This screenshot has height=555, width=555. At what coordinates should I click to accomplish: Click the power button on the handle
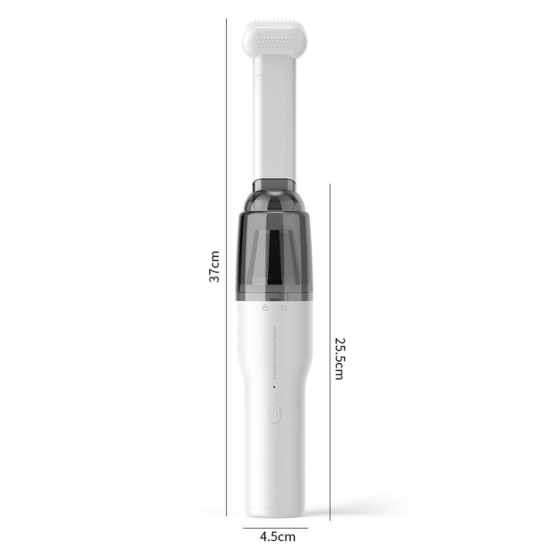click(274, 414)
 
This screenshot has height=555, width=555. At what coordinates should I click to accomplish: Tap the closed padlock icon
click(265, 307)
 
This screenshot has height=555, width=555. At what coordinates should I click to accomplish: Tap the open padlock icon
click(283, 308)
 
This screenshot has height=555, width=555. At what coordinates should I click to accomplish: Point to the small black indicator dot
click(274, 387)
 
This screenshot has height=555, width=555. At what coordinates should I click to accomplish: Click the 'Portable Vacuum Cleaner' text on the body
click(275, 352)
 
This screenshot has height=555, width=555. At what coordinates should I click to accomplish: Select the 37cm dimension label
click(214, 266)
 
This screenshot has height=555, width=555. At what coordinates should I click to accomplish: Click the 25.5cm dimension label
click(339, 358)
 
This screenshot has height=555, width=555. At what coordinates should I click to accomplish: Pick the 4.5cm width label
click(278, 537)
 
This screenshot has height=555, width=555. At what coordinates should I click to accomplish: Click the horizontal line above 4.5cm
click(275, 528)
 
